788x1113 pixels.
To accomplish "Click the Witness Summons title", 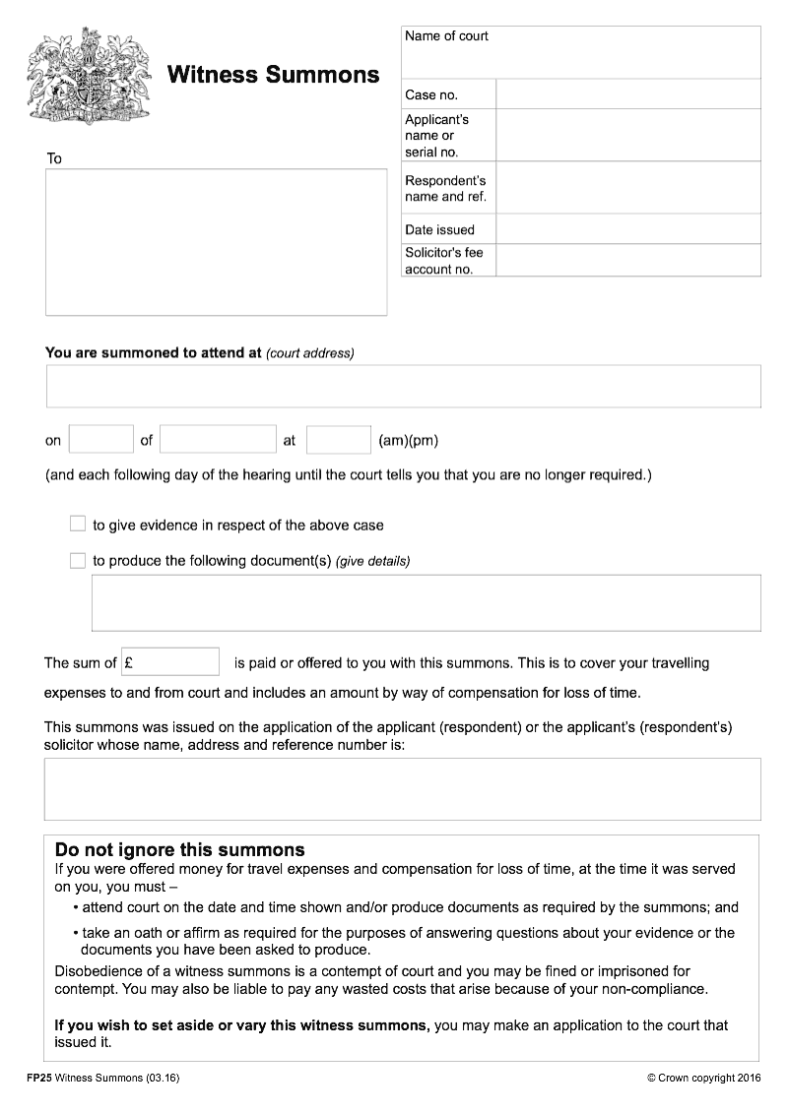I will pos(273,75).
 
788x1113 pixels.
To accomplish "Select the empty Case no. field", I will pos(627,94).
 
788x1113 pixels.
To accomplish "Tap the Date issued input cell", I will pos(627,229).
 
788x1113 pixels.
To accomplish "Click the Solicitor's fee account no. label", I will pos(444,261).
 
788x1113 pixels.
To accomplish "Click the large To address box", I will pos(216,241).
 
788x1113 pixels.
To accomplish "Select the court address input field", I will pos(403,386).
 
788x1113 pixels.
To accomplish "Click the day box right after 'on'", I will pos(100,440).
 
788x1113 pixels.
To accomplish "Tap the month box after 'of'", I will pos(218,440).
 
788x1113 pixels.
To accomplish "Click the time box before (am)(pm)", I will pos(338,440).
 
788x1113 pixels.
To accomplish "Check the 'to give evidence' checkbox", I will pos(78,525).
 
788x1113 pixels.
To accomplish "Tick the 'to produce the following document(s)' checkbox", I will pos(78,561).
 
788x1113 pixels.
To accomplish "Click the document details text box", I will pos(426,602).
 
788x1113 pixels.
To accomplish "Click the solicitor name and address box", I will pos(402,788).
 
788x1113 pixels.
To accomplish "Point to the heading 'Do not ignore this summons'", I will pos(179,850).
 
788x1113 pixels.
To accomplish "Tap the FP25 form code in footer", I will pos(39,1079).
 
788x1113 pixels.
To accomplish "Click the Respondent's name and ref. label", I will pos(445,188).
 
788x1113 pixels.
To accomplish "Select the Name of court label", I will pos(446,36).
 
